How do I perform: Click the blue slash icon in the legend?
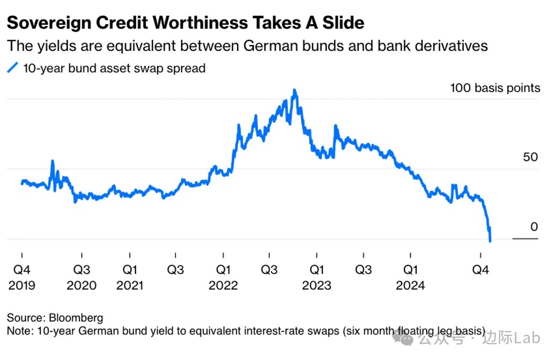[x=13, y=68]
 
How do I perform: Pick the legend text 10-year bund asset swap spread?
[x=114, y=68]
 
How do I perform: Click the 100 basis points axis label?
[x=495, y=88]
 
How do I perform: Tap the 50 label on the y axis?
[x=530, y=157]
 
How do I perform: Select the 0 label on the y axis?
[x=534, y=227]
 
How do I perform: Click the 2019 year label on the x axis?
[x=22, y=285]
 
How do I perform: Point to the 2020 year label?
[x=81, y=285]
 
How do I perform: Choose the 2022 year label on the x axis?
[x=223, y=285]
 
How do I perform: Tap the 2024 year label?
[x=410, y=285]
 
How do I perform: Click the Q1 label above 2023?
[x=316, y=270]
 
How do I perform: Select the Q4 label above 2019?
[x=22, y=270]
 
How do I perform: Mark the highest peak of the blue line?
[x=295, y=90]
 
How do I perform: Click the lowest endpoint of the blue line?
[x=490, y=241]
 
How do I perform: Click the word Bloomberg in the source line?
[x=76, y=318]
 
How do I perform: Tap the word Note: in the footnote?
[x=19, y=331]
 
